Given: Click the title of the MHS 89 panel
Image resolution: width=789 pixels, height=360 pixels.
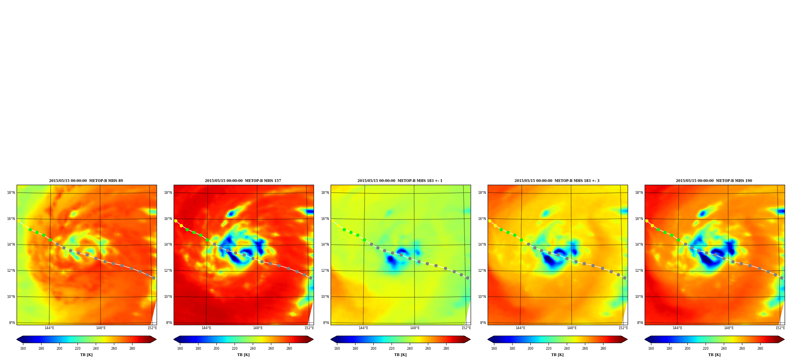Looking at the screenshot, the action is point(86,181).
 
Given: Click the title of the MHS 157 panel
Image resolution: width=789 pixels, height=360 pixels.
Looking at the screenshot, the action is point(243,181).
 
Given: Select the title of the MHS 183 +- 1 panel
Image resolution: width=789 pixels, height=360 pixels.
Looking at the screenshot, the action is point(400,181).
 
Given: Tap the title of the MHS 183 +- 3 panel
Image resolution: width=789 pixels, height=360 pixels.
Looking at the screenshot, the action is point(557,181).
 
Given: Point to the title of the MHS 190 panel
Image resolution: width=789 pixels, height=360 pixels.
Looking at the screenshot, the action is point(714,181).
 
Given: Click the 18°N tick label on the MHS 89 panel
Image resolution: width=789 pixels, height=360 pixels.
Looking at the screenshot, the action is point(11,193).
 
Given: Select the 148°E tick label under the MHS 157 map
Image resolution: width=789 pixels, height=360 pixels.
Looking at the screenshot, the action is point(258,328).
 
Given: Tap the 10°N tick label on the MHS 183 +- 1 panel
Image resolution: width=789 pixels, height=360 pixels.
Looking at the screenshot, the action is point(325,297).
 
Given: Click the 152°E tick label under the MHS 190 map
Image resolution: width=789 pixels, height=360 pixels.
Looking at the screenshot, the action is point(780,328).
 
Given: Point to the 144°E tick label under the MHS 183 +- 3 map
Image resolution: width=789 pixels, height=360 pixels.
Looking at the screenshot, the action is point(520,328).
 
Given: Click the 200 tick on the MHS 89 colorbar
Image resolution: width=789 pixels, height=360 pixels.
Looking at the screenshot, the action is point(59,349).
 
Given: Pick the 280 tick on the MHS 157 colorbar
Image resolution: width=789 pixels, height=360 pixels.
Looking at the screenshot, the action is point(289,349).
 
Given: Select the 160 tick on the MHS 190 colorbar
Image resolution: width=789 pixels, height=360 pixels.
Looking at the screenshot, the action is point(651,349).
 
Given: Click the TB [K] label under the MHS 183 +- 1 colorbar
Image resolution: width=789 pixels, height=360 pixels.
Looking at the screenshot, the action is point(400,355).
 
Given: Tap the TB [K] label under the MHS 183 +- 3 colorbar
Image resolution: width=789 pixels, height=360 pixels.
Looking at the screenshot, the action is point(557,355).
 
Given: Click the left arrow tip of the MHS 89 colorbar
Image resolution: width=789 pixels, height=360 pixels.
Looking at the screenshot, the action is point(17,339).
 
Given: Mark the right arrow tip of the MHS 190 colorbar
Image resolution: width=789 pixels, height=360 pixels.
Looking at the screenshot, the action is point(784,339).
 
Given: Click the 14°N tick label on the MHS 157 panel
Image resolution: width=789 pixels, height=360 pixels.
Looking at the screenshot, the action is point(168,245).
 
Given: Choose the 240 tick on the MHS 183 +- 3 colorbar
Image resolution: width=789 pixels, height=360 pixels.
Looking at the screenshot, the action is point(567,349).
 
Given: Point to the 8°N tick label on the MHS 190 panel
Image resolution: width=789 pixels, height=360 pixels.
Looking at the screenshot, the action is point(640,323).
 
